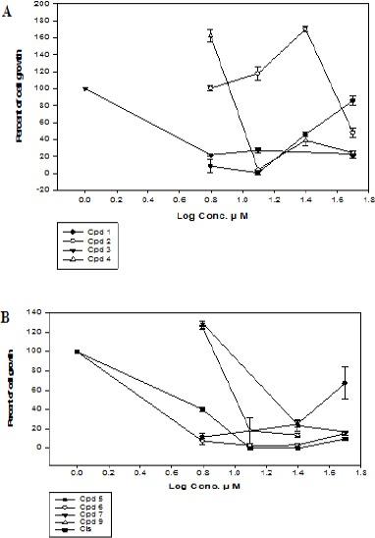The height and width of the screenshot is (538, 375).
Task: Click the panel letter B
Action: pyautogui.click(x=9, y=315)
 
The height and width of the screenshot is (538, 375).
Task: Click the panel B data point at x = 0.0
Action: pyautogui.click(x=77, y=351)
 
